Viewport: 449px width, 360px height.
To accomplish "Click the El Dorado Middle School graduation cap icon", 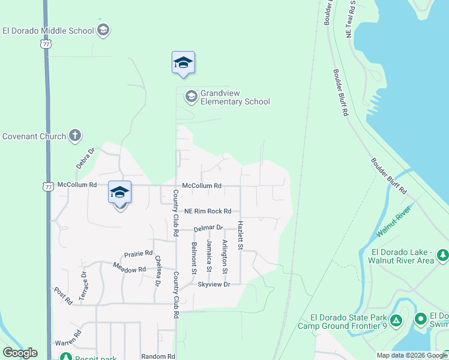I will click(103, 31).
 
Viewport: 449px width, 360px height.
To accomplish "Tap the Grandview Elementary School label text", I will click(235, 97).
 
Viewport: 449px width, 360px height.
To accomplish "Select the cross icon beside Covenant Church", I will click(74, 136).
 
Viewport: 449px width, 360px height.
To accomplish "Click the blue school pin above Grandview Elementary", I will click(183, 63).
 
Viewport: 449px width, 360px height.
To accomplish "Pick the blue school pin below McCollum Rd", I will click(119, 193).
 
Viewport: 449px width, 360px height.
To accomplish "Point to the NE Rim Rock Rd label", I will click(207, 211).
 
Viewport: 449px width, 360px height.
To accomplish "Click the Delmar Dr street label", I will click(208, 228).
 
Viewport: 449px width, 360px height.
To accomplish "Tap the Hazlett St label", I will click(240, 235).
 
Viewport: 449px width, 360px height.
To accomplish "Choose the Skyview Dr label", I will click(214, 284).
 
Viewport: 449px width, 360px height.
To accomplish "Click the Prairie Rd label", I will click(139, 254).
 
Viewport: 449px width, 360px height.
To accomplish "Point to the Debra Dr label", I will click(86, 158).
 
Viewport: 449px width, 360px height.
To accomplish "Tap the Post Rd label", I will click(62, 295).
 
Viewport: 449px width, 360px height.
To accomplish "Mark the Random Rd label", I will click(158, 356).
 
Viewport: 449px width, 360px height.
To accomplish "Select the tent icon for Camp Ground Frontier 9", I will click(396, 320).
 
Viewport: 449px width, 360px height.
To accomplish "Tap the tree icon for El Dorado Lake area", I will click(442, 256).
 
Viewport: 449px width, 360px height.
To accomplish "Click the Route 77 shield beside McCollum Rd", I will click(48, 186).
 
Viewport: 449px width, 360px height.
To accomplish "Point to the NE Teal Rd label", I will click(350, 20).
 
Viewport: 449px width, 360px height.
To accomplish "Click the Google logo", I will click(20, 353).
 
